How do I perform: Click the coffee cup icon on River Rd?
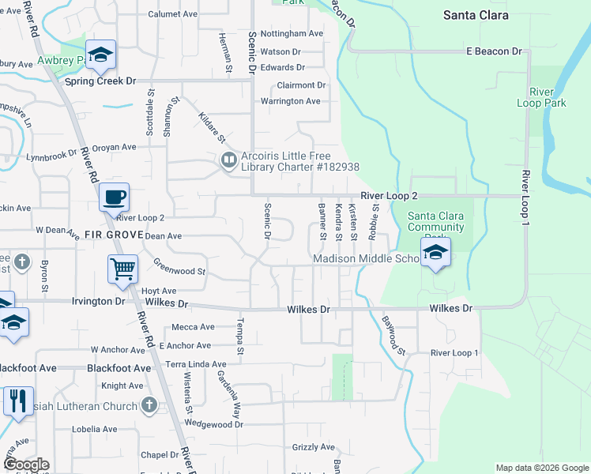click(115, 197)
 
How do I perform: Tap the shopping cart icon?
click(122, 269)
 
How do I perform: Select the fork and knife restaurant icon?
click(18, 401)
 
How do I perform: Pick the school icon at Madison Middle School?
click(435, 253)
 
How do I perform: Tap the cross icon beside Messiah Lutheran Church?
click(150, 405)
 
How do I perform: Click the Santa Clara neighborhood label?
click(476, 15)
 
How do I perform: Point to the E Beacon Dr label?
click(495, 51)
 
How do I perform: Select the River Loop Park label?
click(541, 97)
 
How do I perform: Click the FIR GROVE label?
click(112, 235)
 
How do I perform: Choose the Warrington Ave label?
click(291, 101)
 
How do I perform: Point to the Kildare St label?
click(213, 127)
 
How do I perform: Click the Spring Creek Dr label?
click(100, 81)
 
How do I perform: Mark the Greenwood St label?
click(179, 269)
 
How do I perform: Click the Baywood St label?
click(393, 335)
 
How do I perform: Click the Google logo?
click(25, 465)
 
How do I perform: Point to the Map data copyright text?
click(542, 468)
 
